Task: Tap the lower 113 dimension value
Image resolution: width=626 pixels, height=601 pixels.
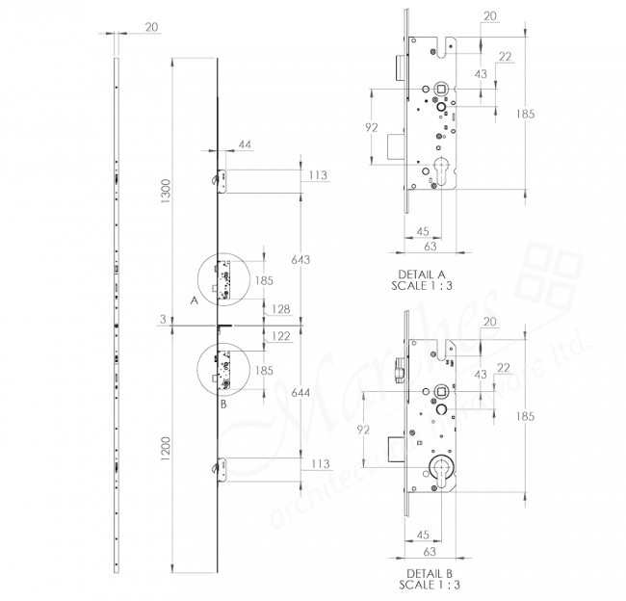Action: click(x=320, y=463)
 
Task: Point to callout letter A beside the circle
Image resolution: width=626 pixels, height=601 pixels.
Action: click(x=194, y=300)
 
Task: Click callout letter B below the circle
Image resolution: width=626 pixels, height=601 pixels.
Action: click(x=223, y=405)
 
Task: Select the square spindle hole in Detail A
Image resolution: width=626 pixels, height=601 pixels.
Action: click(x=441, y=90)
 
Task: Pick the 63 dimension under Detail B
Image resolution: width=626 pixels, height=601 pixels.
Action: click(x=430, y=552)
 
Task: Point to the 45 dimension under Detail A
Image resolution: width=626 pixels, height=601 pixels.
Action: click(x=422, y=231)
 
